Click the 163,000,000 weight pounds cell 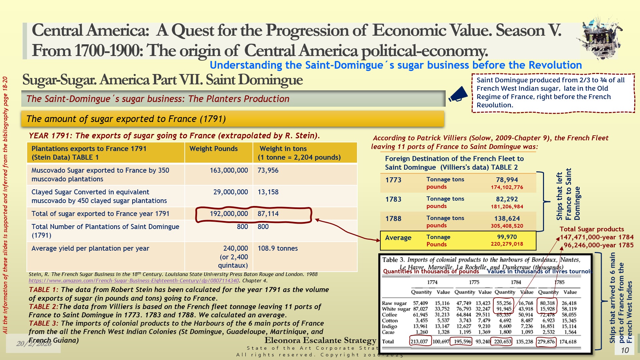229,170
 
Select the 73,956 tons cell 268,170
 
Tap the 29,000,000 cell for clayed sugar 230,192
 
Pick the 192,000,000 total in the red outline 229,214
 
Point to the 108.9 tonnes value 278,248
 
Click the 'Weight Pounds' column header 213,149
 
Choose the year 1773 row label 393,180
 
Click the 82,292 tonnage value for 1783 507,199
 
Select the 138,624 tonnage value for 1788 507,218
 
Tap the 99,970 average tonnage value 507,237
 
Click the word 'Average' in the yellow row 398,238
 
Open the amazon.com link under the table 134,281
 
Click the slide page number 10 625,350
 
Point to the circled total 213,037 419,342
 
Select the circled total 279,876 546,342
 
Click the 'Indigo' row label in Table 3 389,326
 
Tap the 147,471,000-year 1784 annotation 596,237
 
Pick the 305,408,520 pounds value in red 507,226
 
